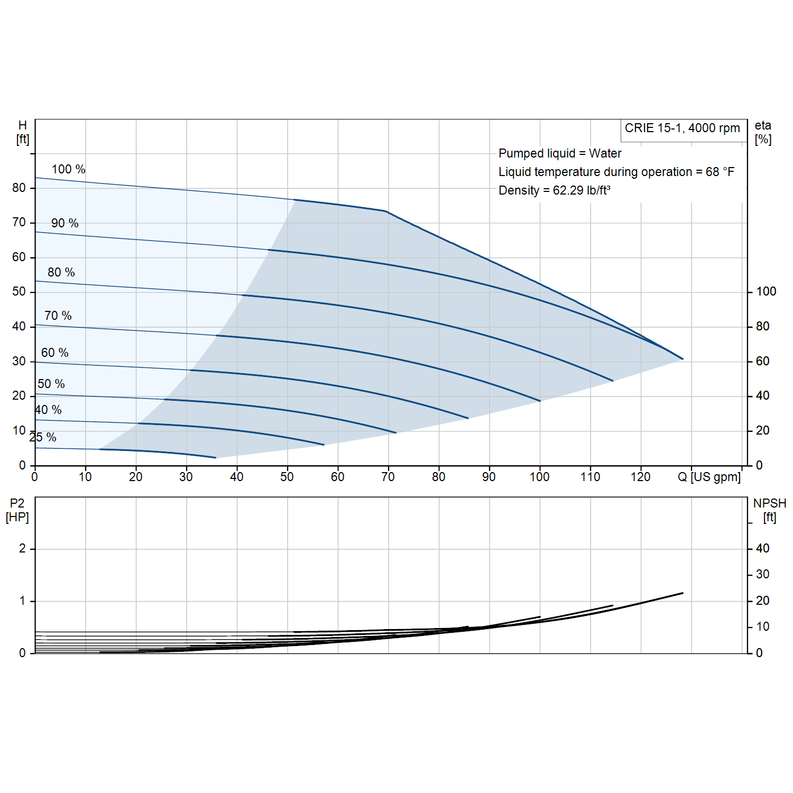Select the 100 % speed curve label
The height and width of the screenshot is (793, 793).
(x=68, y=169)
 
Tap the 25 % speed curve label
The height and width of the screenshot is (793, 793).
(x=43, y=437)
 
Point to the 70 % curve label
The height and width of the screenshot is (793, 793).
(x=58, y=316)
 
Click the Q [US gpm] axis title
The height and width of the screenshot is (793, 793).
(x=709, y=477)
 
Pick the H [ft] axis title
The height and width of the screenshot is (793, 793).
(x=23, y=132)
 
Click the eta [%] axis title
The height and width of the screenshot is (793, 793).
(x=763, y=132)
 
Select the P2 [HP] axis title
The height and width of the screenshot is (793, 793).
(x=17, y=510)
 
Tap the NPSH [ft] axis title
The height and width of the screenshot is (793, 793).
(x=770, y=510)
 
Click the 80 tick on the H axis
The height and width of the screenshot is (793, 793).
(x=19, y=188)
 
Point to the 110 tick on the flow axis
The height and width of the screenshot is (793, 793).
(x=590, y=477)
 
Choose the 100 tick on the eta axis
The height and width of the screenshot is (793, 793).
(x=766, y=292)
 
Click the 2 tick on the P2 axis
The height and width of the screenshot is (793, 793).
(x=22, y=548)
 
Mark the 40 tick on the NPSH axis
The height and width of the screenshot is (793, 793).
(x=762, y=548)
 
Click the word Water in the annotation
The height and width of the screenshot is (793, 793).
(x=605, y=153)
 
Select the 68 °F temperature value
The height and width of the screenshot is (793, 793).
(x=720, y=172)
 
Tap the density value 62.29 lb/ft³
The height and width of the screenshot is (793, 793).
(x=582, y=190)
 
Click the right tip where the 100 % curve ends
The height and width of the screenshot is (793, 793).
(x=683, y=359)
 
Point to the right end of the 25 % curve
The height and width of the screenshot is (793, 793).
(x=215, y=457)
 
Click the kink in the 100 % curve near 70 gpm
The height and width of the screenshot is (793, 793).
(x=386, y=211)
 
